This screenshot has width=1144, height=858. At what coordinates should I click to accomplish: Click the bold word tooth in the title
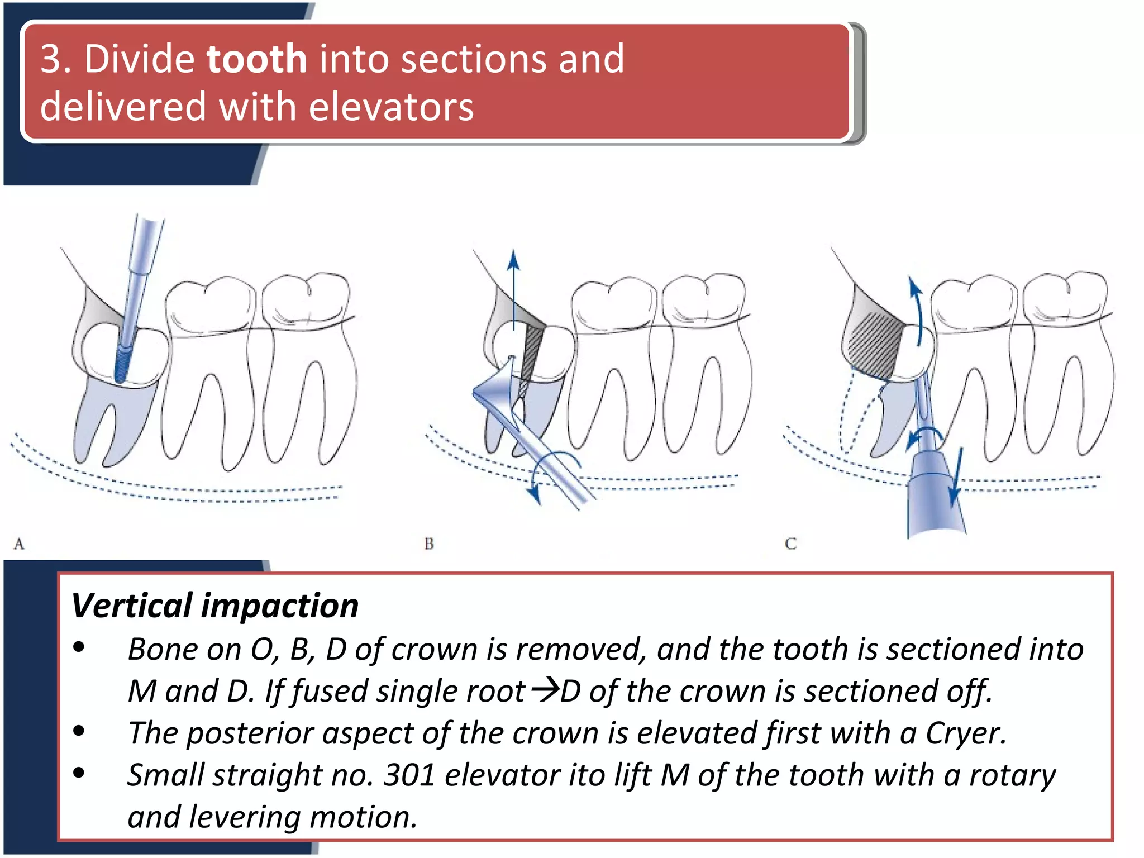pos(256,59)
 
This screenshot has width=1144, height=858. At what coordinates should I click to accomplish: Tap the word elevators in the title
pos(391,107)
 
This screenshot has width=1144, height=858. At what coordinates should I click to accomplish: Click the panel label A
pos(19,543)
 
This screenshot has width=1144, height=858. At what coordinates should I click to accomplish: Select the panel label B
pos(429,543)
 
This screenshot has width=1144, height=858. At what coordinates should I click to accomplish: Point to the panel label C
pos(790,543)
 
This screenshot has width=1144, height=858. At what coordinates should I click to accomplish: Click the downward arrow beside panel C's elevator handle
pos(957,475)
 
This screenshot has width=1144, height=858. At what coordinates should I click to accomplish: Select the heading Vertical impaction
pos(215,606)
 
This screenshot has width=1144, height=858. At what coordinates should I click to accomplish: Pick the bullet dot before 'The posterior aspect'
pos(79,731)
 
